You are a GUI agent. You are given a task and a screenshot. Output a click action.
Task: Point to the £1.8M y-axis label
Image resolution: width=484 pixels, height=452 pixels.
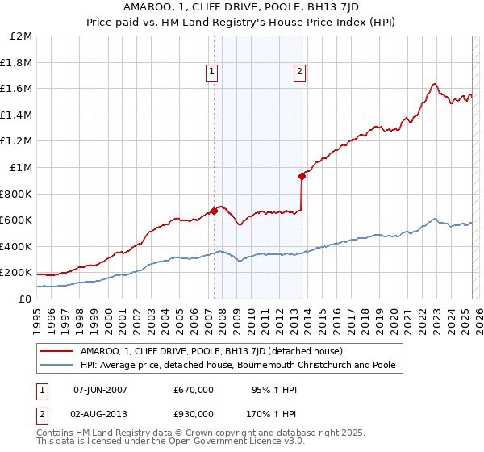[18, 62]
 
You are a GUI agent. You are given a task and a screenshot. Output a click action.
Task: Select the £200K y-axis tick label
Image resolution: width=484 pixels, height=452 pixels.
[16, 272]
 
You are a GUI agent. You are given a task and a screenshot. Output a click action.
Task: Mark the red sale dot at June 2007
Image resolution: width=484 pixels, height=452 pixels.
[214, 211]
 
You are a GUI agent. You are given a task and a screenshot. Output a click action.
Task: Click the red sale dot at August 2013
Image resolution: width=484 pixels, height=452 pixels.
[302, 176]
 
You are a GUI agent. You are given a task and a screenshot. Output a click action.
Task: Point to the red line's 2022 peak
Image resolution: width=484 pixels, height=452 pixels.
[434, 84]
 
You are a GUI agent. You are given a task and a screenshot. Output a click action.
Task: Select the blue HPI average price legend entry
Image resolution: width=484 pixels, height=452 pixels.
[238, 365]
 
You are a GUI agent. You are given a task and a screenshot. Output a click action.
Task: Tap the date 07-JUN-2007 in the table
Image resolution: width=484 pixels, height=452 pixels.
[100, 390]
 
